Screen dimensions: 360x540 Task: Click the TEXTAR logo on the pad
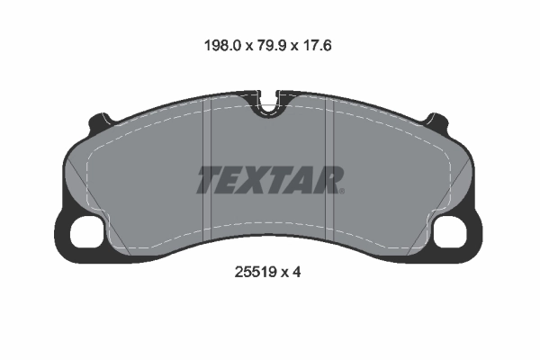tap(270, 180)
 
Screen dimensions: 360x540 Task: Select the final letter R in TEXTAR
tap(330, 180)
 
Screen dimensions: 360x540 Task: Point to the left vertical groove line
tap(209, 171)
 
